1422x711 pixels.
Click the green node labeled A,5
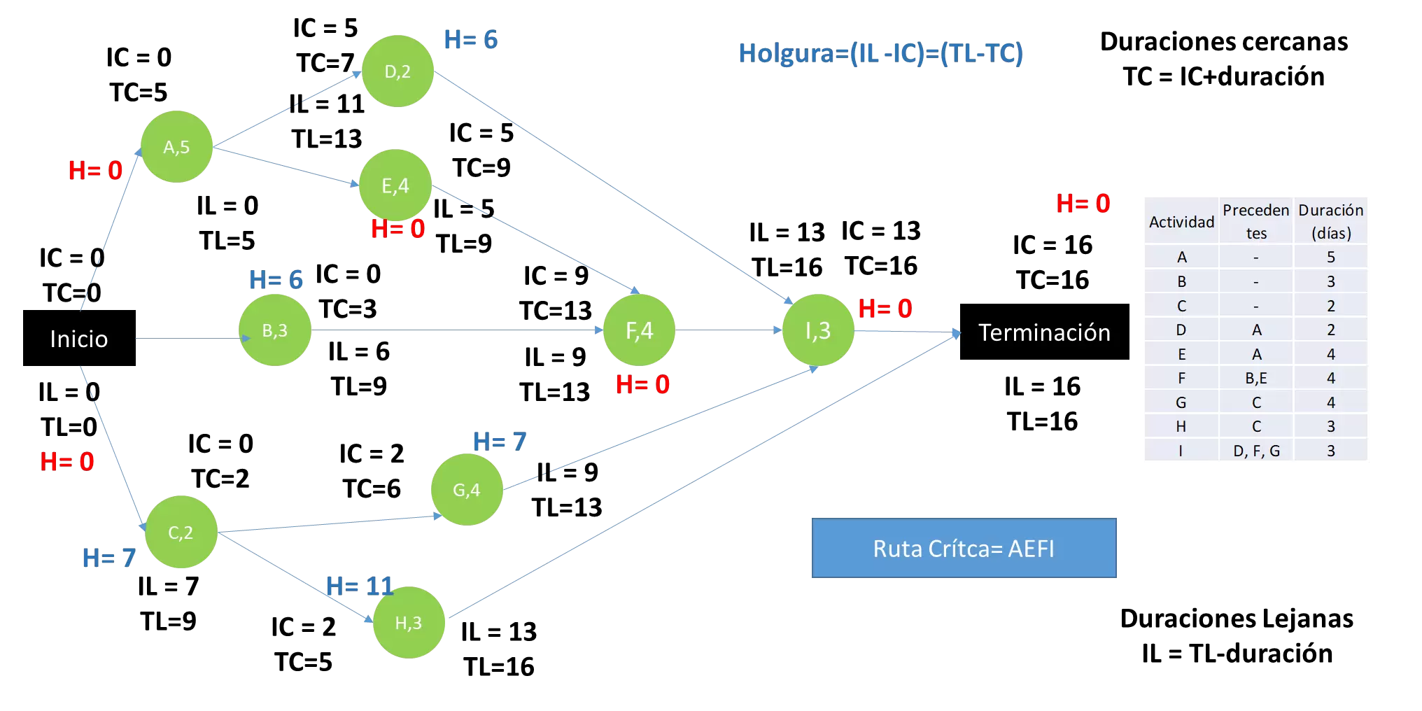pyautogui.click(x=176, y=147)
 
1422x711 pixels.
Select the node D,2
pyautogui.click(x=397, y=71)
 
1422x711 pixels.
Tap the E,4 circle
pyautogui.click(x=395, y=185)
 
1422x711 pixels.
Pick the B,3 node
pyautogui.click(x=275, y=330)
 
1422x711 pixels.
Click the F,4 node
pyautogui.click(x=639, y=330)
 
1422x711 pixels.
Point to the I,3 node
pyautogui.click(x=818, y=330)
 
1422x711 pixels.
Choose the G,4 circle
pyautogui.click(x=467, y=490)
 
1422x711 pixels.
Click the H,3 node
pyautogui.click(x=409, y=623)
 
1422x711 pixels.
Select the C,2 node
pyautogui.click(x=181, y=533)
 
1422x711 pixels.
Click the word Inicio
pyautogui.click(x=79, y=339)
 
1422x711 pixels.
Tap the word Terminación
pyautogui.click(x=1044, y=333)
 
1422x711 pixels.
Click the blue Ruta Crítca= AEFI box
pyautogui.click(x=964, y=548)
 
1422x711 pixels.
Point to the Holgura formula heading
pyautogui.click(x=880, y=53)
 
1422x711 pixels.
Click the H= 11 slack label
pyautogui.click(x=360, y=586)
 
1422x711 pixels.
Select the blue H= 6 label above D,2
pyautogui.click(x=471, y=40)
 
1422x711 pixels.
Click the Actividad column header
pyautogui.click(x=1181, y=222)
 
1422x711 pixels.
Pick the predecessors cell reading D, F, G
pyautogui.click(x=1256, y=451)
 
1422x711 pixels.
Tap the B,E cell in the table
pyautogui.click(x=1256, y=378)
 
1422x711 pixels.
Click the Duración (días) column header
pyautogui.click(x=1330, y=221)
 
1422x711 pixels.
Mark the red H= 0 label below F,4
pyautogui.click(x=643, y=384)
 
